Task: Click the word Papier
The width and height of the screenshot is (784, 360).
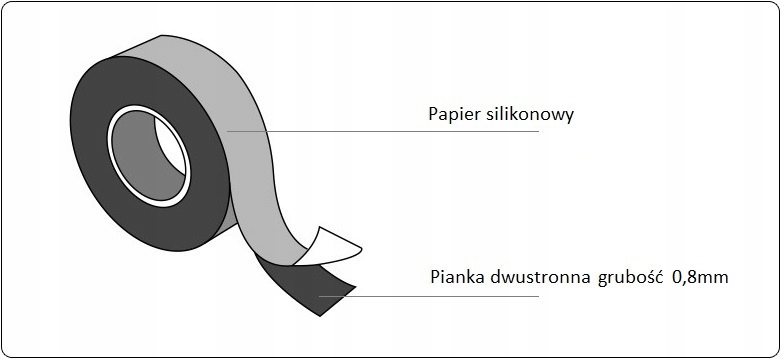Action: click(x=452, y=115)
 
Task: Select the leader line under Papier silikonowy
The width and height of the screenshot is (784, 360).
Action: click(x=400, y=131)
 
